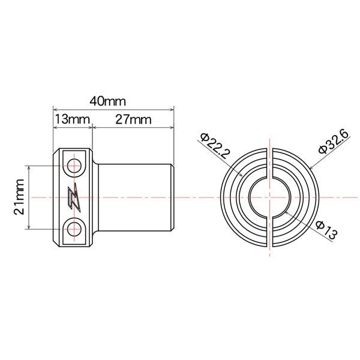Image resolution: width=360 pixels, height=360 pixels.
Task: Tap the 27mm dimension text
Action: [x=133, y=119]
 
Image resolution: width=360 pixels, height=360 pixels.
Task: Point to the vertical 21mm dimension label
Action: [x=20, y=198]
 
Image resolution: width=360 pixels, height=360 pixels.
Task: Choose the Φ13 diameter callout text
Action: [x=323, y=229]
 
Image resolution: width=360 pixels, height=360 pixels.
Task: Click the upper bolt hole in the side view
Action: [x=74, y=165]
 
